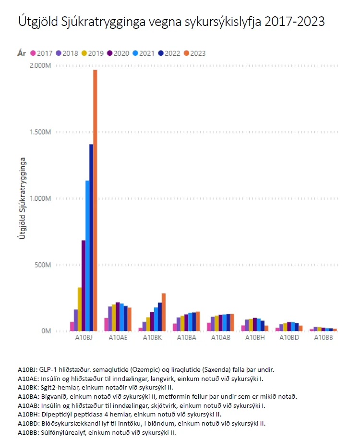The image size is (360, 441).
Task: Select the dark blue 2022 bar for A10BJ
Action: [x=91, y=238]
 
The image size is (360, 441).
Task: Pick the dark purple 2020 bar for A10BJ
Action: [x=84, y=285]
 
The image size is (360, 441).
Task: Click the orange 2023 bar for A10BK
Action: [x=164, y=312]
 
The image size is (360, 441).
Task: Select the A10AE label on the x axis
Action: [x=118, y=338]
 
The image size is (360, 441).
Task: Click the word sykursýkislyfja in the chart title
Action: [x=227, y=22]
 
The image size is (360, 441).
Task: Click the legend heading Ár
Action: [x=22, y=53]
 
